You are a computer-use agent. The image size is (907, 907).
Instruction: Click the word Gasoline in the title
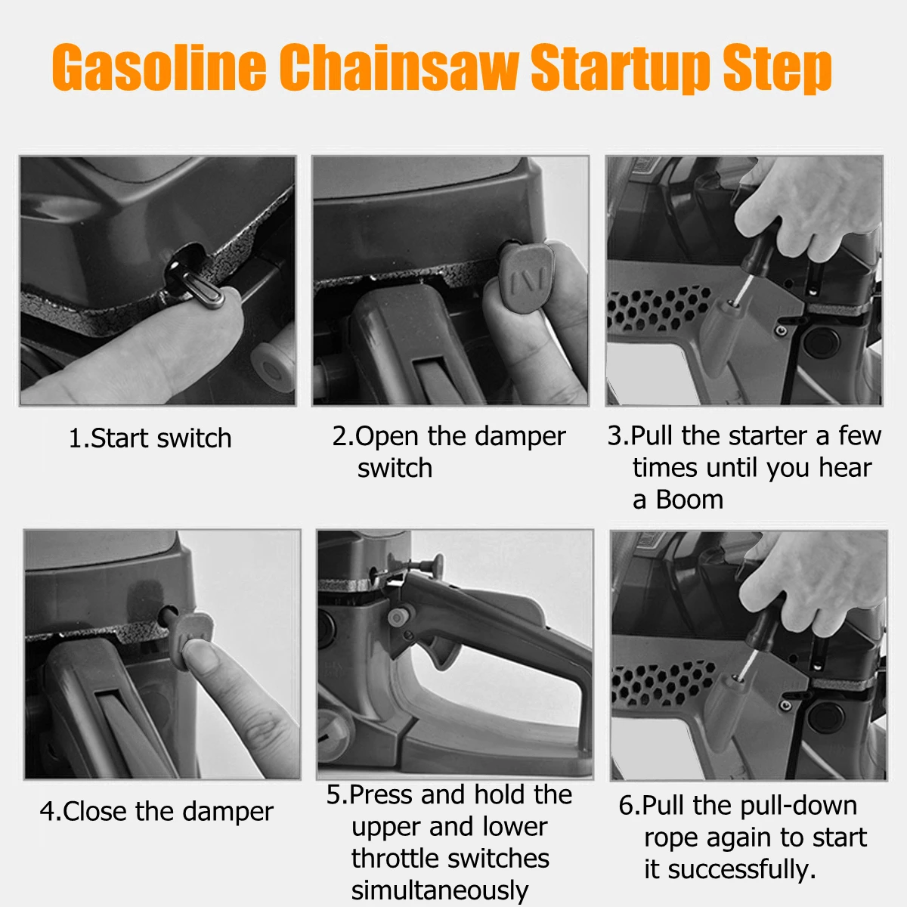pyautogui.click(x=159, y=67)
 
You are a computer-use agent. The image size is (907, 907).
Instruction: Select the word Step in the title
pyautogui.click(x=777, y=70)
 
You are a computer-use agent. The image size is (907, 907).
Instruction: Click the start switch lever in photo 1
pyautogui.click(x=198, y=286)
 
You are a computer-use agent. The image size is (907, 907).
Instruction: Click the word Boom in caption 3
pyautogui.click(x=689, y=500)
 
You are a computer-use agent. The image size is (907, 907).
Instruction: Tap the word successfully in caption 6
pyautogui.click(x=741, y=869)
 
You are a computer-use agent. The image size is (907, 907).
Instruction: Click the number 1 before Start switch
pyautogui.click(x=76, y=438)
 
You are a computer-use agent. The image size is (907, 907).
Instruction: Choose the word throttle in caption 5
pyautogui.click(x=392, y=858)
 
